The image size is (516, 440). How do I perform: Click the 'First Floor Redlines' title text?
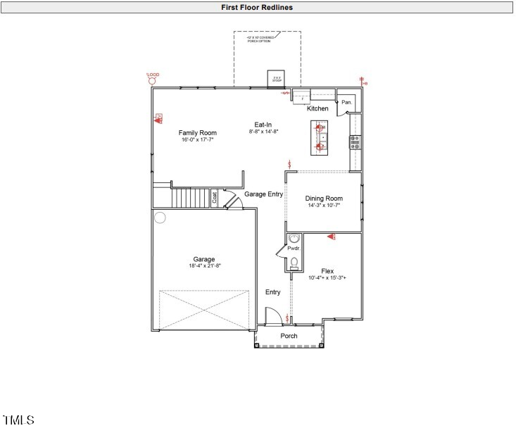click(x=257, y=7)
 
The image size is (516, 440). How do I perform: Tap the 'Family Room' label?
click(x=197, y=133)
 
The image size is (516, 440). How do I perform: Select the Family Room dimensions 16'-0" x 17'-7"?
click(x=197, y=140)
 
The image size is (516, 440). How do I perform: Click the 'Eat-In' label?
click(x=263, y=125)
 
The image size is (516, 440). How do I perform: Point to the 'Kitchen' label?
click(x=317, y=108)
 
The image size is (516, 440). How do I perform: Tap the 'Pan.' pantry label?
click(x=346, y=103)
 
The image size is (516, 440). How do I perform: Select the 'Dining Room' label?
click(x=324, y=199)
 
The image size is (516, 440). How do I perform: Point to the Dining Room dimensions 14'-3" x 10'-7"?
click(x=324, y=206)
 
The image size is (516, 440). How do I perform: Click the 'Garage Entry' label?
click(x=263, y=194)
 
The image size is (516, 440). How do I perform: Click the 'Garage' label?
click(x=204, y=259)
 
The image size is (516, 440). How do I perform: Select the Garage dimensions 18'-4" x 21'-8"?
click(x=204, y=266)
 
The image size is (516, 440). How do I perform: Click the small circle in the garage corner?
click(x=160, y=218)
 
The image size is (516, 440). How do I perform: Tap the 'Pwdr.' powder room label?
click(x=294, y=249)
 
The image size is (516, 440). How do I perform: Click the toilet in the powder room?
click(x=294, y=263)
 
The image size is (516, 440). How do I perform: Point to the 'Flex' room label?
click(x=327, y=271)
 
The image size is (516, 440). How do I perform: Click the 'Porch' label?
click(x=289, y=336)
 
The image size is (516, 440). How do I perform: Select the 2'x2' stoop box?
click(x=277, y=79)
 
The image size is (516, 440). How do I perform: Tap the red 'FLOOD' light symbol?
click(x=151, y=81)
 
